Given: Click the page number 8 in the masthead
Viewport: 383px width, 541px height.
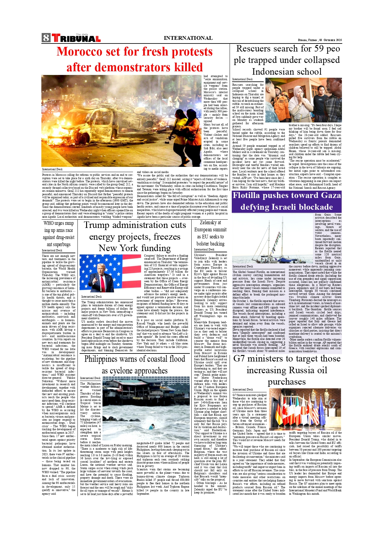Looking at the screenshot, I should (x=46, y=38).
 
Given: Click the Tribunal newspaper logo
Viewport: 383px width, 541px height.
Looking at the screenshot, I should (x=76, y=38).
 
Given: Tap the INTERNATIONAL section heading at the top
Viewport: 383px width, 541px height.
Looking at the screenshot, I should (x=188, y=38).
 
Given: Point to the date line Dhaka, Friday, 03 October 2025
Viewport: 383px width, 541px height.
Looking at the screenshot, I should (x=320, y=40).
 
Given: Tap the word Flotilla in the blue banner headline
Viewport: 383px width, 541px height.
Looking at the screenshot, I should (x=246, y=196).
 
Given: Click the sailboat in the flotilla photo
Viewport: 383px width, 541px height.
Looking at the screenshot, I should (x=272, y=244).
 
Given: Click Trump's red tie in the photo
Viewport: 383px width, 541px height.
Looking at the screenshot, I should (x=102, y=282).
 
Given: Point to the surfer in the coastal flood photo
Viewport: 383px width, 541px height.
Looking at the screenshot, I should (x=152, y=427).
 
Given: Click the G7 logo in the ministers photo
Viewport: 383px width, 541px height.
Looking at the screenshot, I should (x=331, y=404).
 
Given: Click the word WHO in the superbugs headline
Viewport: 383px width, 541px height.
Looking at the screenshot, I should (x=49, y=223).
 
